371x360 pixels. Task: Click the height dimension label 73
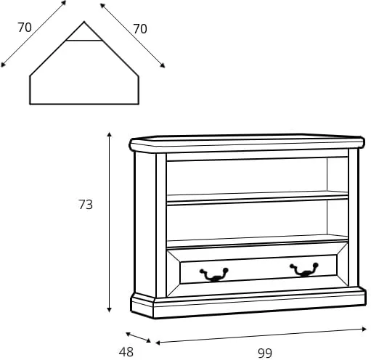tap(86, 205)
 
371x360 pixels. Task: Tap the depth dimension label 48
tap(126, 352)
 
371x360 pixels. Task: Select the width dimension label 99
tap(265, 353)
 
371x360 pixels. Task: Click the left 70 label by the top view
tap(25, 28)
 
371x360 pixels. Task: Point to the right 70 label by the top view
tap(140, 29)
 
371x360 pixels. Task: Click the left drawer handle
tap(214, 274)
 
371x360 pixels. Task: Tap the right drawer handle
tap(304, 269)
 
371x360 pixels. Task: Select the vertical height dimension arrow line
tap(110, 222)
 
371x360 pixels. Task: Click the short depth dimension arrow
tap(138, 337)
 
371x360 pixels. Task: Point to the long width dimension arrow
tap(261, 336)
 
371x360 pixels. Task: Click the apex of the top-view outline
tap(84, 22)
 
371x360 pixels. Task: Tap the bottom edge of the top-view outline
tap(84, 104)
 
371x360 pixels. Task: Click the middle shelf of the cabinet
tap(257, 198)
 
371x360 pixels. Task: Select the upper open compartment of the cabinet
tap(257, 176)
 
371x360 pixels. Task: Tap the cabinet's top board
tap(247, 143)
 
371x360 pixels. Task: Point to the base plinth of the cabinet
tap(248, 303)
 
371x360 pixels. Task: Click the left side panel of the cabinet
tap(144, 224)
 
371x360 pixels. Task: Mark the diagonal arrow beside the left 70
tap(33, 33)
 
